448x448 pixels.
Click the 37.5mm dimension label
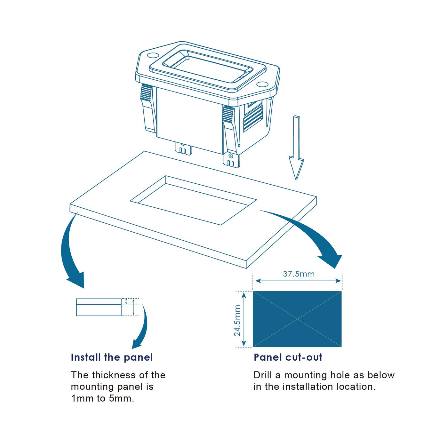click(x=299, y=274)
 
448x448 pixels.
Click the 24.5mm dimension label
click(x=237, y=320)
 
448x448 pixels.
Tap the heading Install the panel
click(x=112, y=357)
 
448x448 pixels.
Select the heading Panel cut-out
click(x=288, y=357)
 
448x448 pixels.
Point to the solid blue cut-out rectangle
click(x=297, y=319)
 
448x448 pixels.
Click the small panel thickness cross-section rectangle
click(x=99, y=307)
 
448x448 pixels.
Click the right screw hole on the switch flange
click(x=262, y=84)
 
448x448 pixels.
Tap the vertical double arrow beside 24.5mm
click(x=244, y=319)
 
